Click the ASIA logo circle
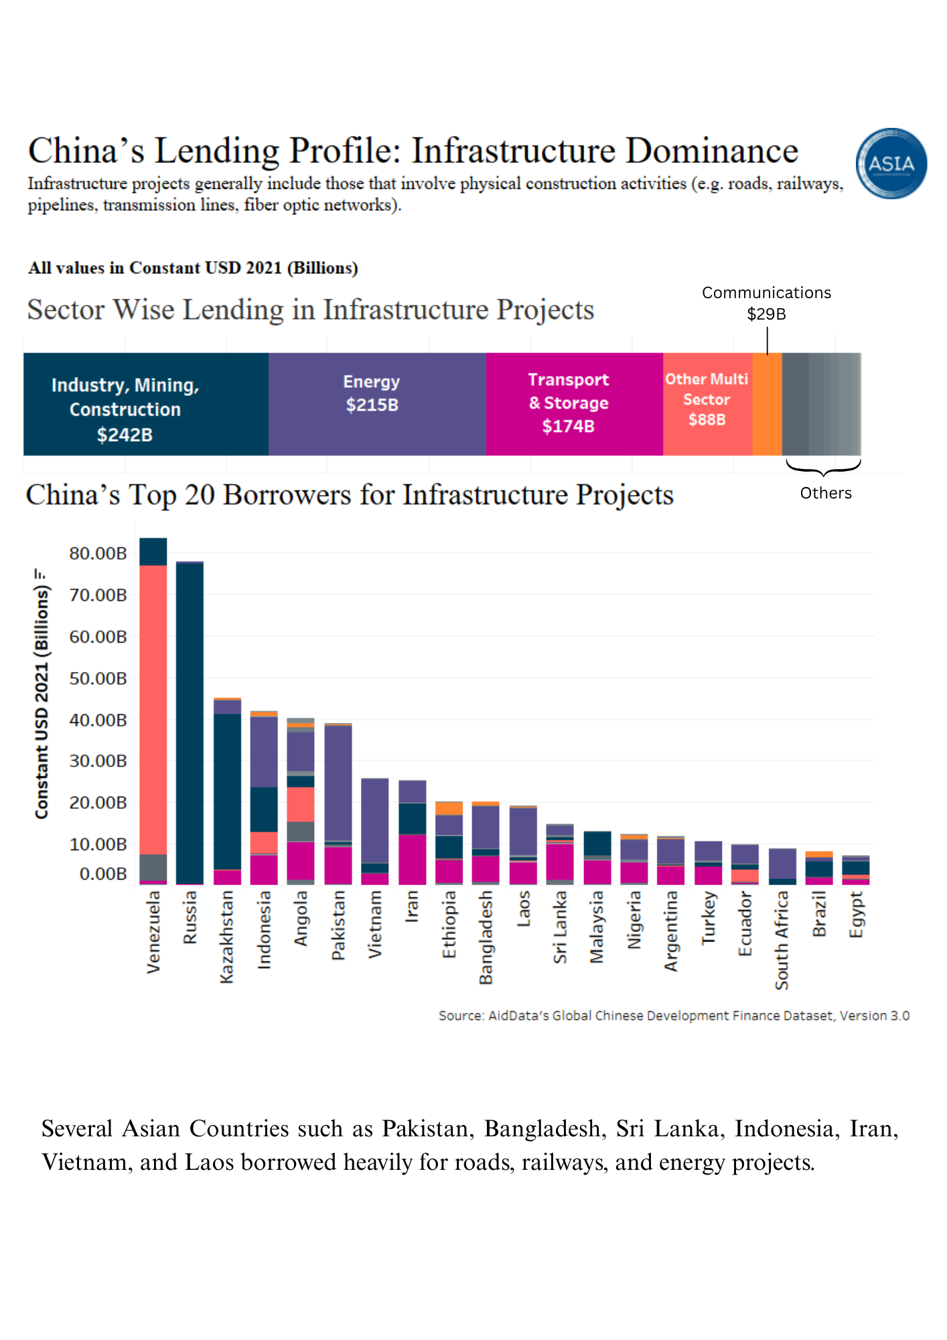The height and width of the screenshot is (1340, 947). (891, 163)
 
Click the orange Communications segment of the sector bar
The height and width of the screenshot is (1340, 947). (767, 404)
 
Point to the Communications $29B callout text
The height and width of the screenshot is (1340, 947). (766, 303)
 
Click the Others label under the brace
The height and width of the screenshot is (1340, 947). (825, 493)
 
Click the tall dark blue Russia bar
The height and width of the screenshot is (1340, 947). (190, 724)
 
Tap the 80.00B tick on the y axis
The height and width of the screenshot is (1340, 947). (98, 553)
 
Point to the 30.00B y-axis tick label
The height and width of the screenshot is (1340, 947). (98, 761)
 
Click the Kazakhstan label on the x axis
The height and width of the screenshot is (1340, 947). (227, 936)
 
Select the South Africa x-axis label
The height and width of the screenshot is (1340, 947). (782, 940)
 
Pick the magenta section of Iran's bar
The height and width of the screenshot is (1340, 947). (413, 859)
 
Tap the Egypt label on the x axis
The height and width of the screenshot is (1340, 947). (856, 915)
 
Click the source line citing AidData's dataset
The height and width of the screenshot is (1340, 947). (673, 1016)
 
